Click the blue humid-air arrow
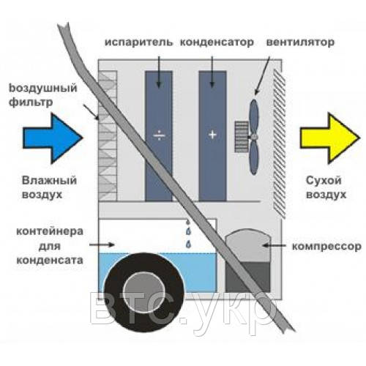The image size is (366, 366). coord(53,138)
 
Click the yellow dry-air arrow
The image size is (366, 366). coord(330,138)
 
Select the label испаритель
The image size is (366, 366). coord(138,42)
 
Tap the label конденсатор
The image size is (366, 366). coord(217,42)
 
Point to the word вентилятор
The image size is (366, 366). coord(300,42)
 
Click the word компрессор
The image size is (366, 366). coord(326,247)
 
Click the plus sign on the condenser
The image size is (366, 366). coord(212,135)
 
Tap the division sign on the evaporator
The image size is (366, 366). coord(159,135)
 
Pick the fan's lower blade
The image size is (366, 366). coord(254,157)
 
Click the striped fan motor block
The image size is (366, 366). coord(242,137)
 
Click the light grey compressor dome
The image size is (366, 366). coord(248,245)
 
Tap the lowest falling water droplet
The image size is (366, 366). coord(188,244)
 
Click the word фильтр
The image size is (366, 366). coord(31,102)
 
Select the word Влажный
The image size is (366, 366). coord(49,181)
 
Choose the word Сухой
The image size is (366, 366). coord(324,181)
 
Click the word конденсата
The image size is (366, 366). coord(50,260)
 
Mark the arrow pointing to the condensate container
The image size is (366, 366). coord(102,244)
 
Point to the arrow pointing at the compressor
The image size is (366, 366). coord(274,245)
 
